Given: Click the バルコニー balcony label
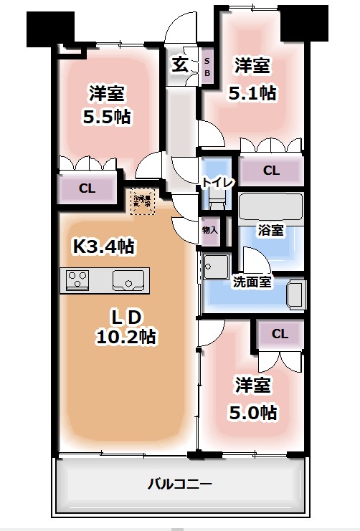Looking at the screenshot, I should click(x=180, y=484).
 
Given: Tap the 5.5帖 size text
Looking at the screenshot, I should click(x=107, y=115).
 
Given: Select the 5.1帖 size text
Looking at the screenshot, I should click(x=252, y=92).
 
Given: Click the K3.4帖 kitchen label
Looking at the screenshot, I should click(x=103, y=247).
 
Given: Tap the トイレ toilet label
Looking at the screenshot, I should click(x=217, y=182).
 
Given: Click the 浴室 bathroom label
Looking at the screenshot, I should click(x=270, y=230).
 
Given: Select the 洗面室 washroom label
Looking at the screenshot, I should click(x=252, y=282).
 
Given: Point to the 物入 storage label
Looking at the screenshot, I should click(x=210, y=230).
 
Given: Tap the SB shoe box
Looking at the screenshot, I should click(x=207, y=67).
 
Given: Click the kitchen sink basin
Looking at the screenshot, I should click(x=129, y=279).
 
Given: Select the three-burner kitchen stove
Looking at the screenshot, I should click(x=77, y=279).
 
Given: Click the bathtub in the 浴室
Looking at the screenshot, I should click(x=271, y=207).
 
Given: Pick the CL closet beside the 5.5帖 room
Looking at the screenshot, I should click(x=87, y=189).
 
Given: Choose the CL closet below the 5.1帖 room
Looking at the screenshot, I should click(x=270, y=171).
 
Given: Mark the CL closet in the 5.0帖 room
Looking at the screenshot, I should click(x=280, y=334).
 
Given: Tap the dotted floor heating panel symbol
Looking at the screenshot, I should click(x=141, y=201).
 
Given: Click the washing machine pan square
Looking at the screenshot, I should click(x=215, y=267).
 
